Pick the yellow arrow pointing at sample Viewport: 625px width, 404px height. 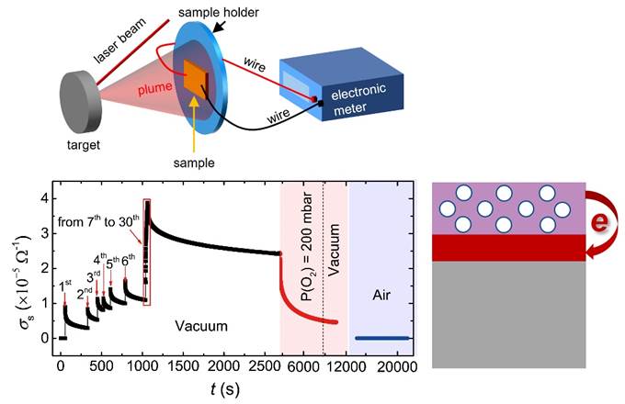[x=195, y=124]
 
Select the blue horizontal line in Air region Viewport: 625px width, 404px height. [x=382, y=338]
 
